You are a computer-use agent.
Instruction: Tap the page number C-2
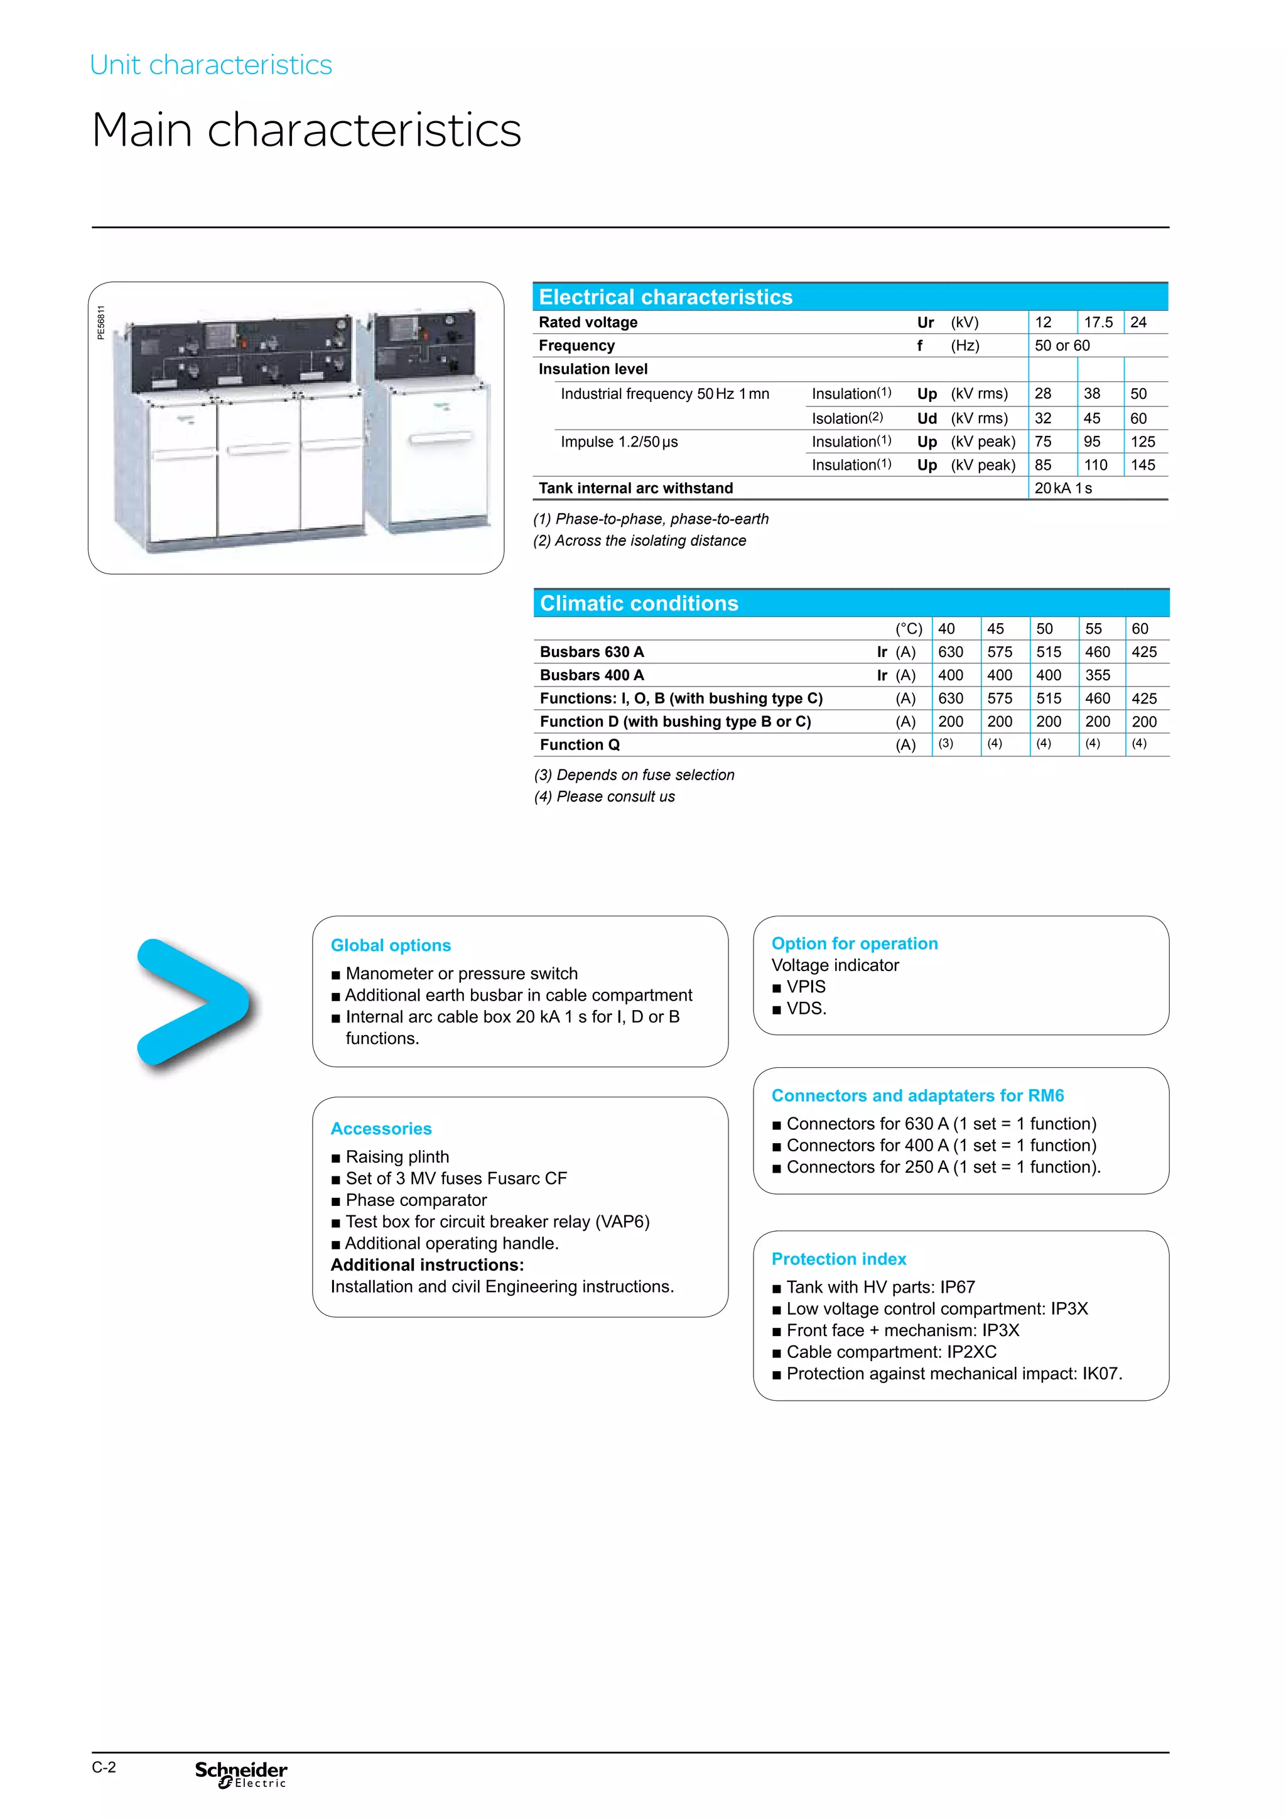pyautogui.click(x=104, y=1767)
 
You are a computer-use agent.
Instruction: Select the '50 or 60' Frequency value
pyautogui.click(x=1062, y=345)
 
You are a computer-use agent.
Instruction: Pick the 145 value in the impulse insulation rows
pyautogui.click(x=1143, y=465)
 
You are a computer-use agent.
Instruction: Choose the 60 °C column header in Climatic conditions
pyautogui.click(x=1140, y=628)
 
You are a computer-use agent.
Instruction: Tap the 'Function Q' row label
pyautogui.click(x=580, y=745)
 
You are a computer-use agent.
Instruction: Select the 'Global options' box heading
pyautogui.click(x=391, y=945)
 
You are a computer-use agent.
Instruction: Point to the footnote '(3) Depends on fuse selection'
pyautogui.click(x=634, y=775)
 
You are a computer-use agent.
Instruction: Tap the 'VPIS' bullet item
pyautogui.click(x=806, y=986)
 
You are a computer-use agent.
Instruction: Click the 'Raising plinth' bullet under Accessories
pyautogui.click(x=397, y=1157)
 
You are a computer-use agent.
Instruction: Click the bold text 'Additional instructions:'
pyautogui.click(x=427, y=1265)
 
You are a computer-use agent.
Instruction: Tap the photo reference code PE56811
pyautogui.click(x=100, y=322)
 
